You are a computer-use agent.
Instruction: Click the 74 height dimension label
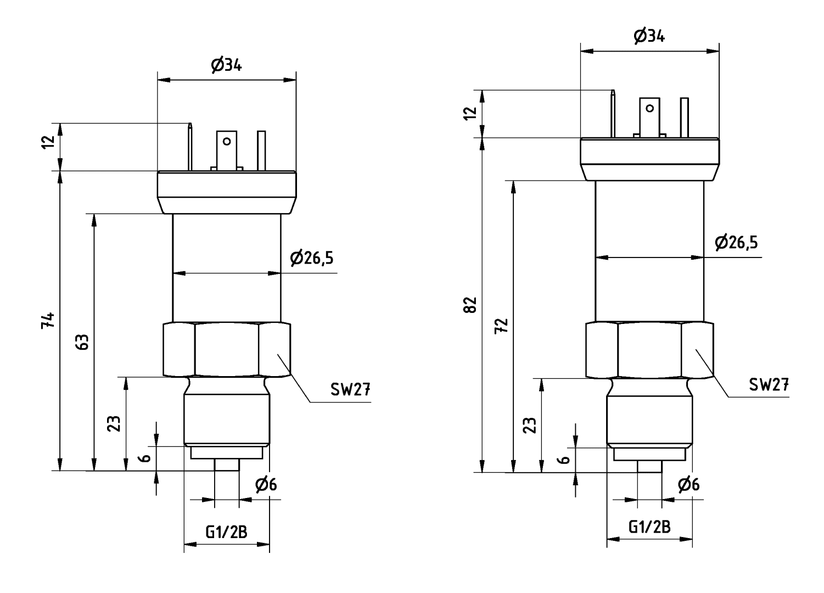coord(48,320)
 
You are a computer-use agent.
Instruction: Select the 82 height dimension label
coord(470,305)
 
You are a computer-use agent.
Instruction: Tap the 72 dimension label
coord(501,326)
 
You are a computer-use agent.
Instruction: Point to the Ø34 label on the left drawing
coord(227,65)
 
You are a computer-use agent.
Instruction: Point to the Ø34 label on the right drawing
coord(649,36)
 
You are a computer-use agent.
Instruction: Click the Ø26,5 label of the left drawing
coord(312,258)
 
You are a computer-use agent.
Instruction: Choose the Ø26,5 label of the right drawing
coord(736,242)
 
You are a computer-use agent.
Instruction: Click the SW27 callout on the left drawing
coord(350,389)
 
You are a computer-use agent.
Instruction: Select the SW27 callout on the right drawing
coord(769,384)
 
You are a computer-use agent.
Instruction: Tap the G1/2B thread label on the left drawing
coord(226,532)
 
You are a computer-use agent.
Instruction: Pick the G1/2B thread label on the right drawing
coord(649,527)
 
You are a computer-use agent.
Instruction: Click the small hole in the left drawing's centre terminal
coord(227,141)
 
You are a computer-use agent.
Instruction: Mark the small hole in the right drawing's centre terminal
coord(650,108)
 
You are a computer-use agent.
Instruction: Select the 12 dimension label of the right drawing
coord(470,113)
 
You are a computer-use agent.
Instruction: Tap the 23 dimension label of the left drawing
coord(114,423)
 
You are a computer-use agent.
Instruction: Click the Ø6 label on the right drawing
coord(688,484)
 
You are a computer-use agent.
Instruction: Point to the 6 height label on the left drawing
coord(145,458)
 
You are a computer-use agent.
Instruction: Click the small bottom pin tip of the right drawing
coord(649,466)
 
